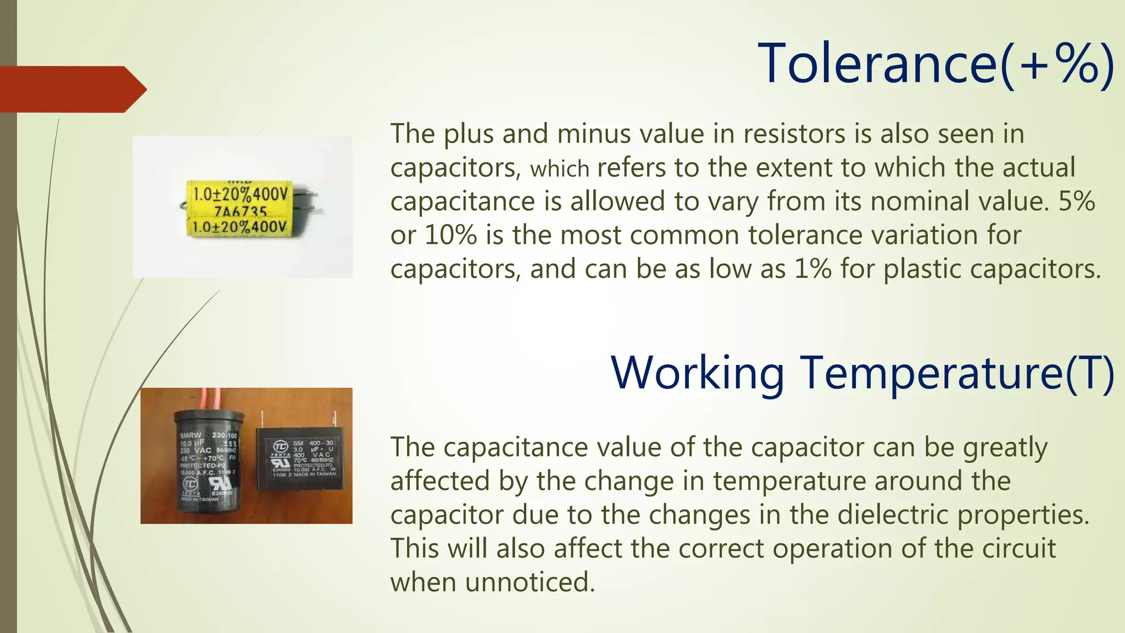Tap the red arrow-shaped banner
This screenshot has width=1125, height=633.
pos(71,89)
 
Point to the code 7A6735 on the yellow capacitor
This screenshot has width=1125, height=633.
pos(240,212)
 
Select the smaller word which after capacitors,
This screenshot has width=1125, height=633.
pos(559,169)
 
